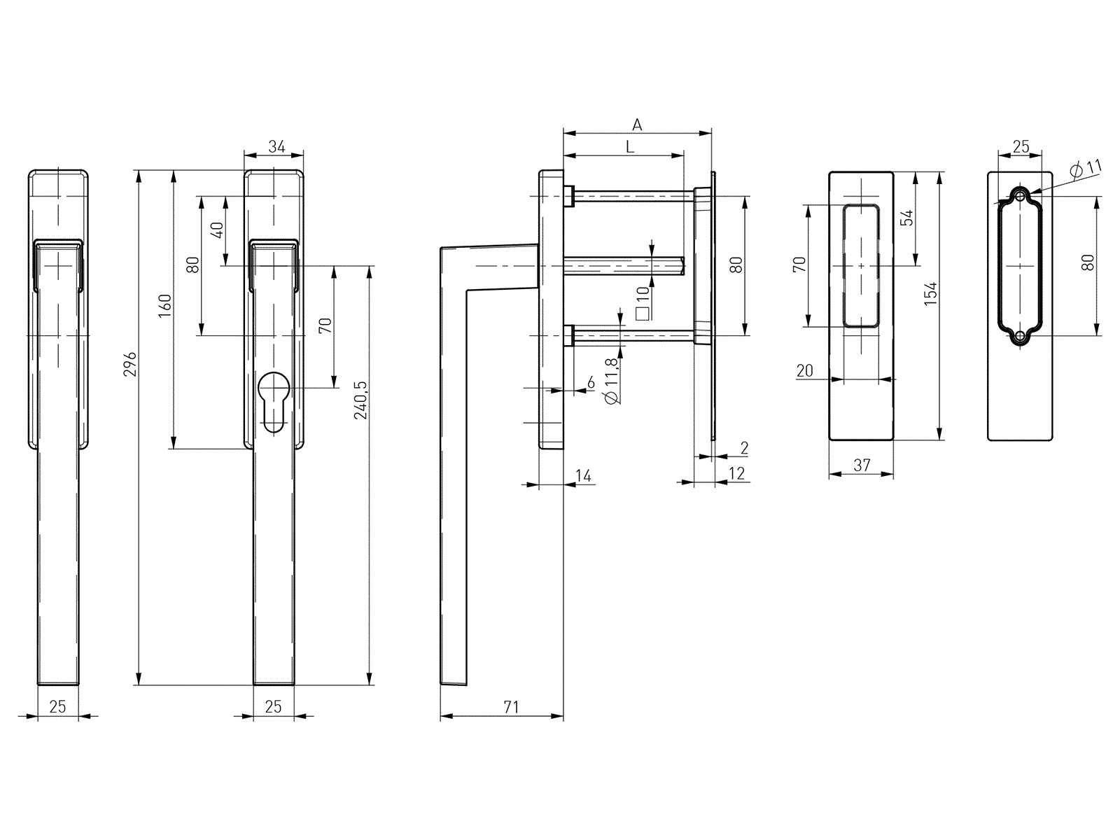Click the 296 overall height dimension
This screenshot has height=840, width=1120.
pyautogui.click(x=131, y=363)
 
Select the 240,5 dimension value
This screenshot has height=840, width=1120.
pyautogui.click(x=360, y=400)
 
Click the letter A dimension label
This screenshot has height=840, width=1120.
pyautogui.click(x=637, y=125)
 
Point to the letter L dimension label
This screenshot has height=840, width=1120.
pyautogui.click(x=630, y=147)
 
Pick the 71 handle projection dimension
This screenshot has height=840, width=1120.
pyautogui.click(x=511, y=707)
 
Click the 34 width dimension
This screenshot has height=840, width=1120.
pyautogui.click(x=276, y=147)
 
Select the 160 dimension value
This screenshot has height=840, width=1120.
pyautogui.click(x=164, y=305)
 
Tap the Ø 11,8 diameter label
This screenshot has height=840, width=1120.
pyautogui.click(x=612, y=381)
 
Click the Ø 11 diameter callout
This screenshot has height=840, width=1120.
pyautogui.click(x=1086, y=168)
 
